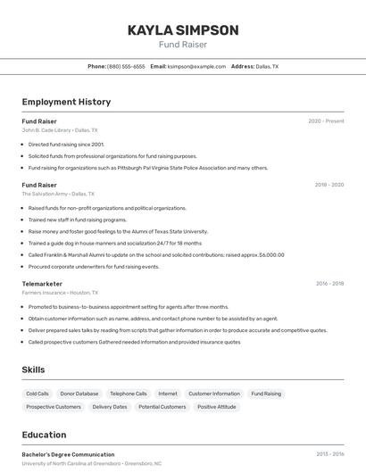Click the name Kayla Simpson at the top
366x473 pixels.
pyautogui.click(x=183, y=29)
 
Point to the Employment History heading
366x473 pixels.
pyautogui.click(x=66, y=102)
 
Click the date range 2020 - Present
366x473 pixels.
pyautogui.click(x=326, y=120)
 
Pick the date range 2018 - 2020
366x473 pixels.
pyautogui.click(x=329, y=185)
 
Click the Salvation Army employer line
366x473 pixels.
pyautogui.click(x=58, y=194)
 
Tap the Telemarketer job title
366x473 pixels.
pyautogui.click(x=42, y=283)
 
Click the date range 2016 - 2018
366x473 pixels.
pyautogui.click(x=329, y=283)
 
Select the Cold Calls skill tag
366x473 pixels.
pyautogui.click(x=37, y=394)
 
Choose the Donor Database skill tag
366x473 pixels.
pyautogui.click(x=79, y=394)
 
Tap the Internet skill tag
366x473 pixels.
pyautogui.click(x=168, y=394)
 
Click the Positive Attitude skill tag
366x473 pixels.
pyautogui.click(x=217, y=407)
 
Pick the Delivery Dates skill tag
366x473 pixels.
pyautogui.click(x=110, y=407)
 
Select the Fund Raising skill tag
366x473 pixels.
pyautogui.click(x=266, y=394)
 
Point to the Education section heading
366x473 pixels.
pyautogui.click(x=44, y=435)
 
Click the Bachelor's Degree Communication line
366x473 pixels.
pyautogui.click(x=68, y=454)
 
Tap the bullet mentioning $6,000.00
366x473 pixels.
pyautogui.click(x=156, y=254)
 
